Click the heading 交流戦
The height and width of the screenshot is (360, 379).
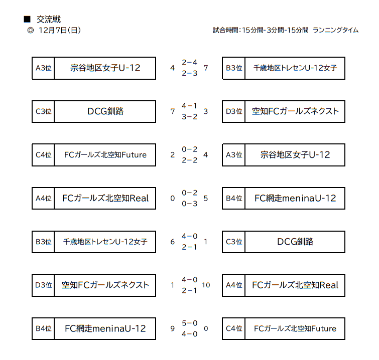(x=49, y=20)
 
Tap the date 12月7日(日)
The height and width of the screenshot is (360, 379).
(x=60, y=30)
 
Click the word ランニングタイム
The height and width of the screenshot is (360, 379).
(x=335, y=30)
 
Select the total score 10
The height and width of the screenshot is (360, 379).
(x=206, y=285)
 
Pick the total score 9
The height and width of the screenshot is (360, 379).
(x=172, y=328)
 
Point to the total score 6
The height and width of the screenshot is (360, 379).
(x=172, y=242)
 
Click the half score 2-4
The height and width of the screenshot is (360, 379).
(x=190, y=62)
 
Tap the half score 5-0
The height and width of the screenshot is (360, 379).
(x=190, y=323)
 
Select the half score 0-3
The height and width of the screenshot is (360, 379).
(x=190, y=204)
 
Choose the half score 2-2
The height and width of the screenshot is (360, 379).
(x=190, y=160)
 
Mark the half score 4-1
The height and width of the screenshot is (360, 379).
(x=190, y=106)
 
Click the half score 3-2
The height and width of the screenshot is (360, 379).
(x=190, y=117)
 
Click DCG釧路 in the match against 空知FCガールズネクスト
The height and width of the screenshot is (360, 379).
(x=105, y=111)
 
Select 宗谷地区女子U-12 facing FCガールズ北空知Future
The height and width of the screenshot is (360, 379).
(x=295, y=155)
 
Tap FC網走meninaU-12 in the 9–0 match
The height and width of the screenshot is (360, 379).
(x=105, y=328)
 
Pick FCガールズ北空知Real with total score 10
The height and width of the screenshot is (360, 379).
(x=295, y=285)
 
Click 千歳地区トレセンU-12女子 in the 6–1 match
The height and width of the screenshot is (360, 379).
(x=105, y=242)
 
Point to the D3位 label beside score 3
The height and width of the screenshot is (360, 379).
(x=234, y=111)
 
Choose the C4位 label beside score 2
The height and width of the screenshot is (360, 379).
(x=44, y=155)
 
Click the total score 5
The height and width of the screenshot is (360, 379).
(x=206, y=198)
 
